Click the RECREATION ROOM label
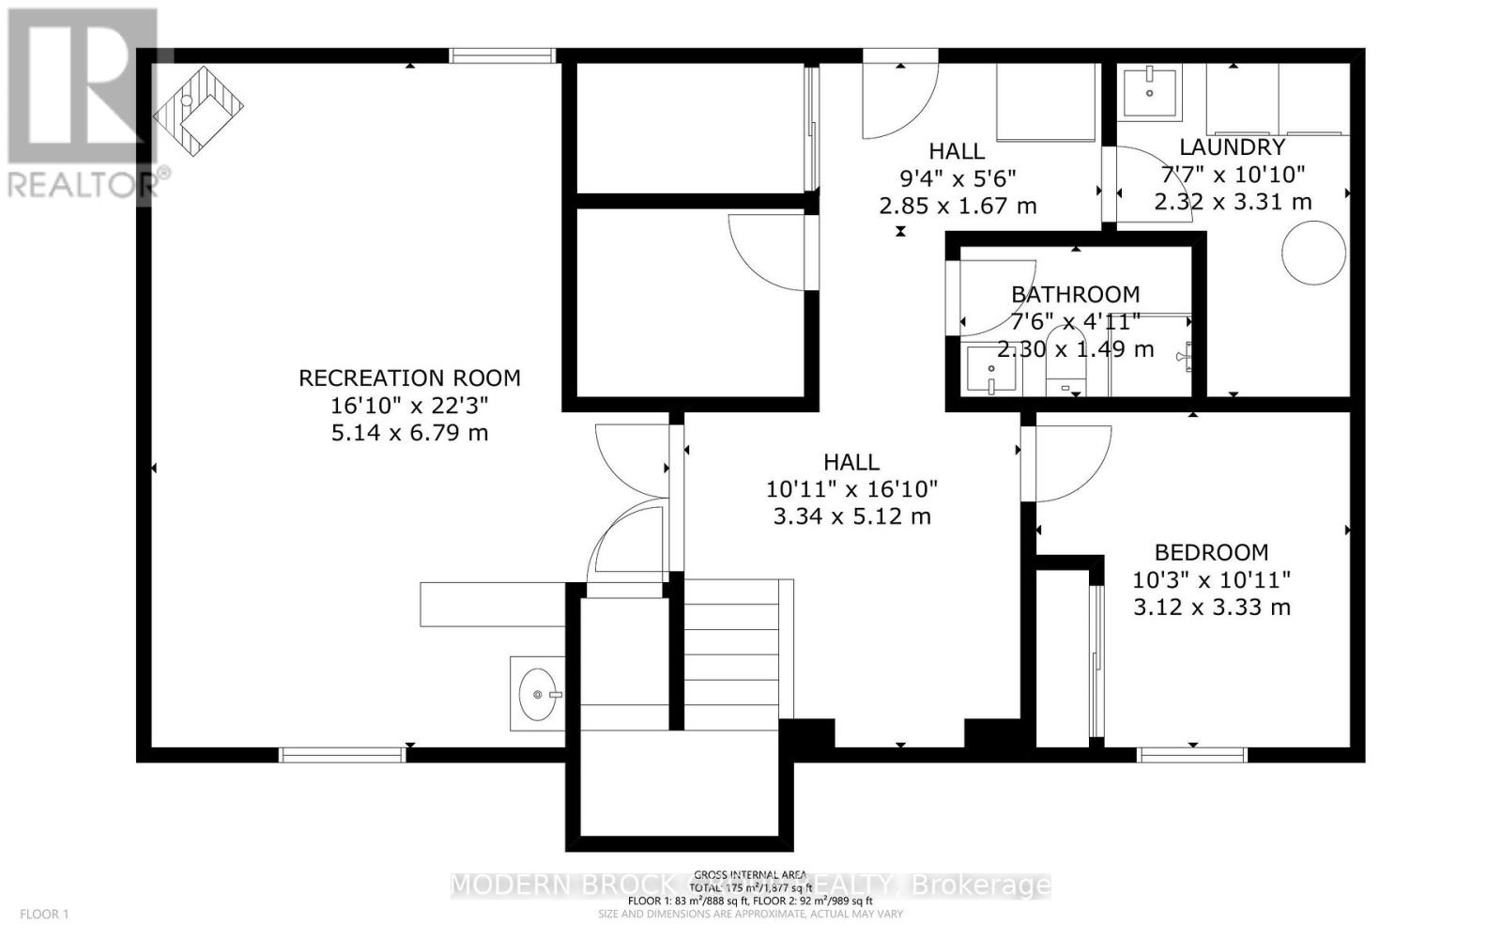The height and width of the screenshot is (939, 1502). (409, 378)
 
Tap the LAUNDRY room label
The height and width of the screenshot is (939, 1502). (1232, 147)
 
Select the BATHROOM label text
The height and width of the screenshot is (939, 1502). (1075, 295)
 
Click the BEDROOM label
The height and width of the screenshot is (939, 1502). (1211, 552)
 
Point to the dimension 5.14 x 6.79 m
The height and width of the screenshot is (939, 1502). (409, 434)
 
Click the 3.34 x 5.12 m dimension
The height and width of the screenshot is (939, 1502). (851, 516)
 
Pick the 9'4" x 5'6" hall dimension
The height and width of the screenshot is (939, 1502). (957, 178)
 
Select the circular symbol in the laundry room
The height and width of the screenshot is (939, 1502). (1313, 252)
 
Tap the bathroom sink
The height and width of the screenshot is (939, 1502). (990, 371)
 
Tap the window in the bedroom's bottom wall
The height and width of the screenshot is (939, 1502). (1191, 754)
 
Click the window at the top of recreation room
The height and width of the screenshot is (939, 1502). (502, 55)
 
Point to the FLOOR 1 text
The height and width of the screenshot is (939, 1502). (45, 914)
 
